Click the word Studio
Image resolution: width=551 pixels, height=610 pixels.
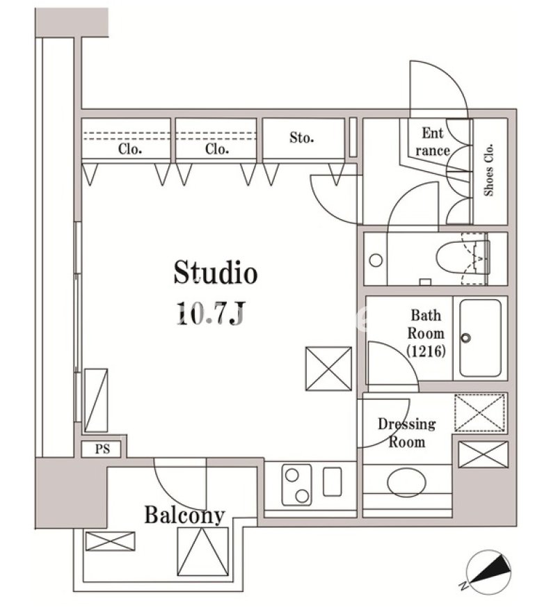coord(216,273)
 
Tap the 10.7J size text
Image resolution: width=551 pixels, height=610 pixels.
coord(211,313)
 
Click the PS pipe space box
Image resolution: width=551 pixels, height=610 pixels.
coord(102,449)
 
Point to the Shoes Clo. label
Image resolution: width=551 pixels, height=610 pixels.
coord(488,170)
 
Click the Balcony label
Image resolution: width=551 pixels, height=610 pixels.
coord(185,515)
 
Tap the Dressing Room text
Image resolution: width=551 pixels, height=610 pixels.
coord(407,433)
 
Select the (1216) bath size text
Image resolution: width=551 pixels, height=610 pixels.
coord(426,352)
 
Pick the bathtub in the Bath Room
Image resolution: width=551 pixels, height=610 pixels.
coord(480,337)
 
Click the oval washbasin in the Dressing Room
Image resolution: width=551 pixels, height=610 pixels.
coord(406,483)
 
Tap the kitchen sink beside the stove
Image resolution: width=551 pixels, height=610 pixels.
coord(333,481)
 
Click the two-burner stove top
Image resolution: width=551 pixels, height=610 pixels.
coord(297,485)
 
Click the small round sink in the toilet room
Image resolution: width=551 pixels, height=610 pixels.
coord(376,260)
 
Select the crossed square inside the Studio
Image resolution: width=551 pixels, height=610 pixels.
coord(328,369)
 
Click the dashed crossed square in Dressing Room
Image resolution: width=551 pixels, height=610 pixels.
coord(481,412)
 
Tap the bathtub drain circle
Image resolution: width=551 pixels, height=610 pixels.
coord(466,337)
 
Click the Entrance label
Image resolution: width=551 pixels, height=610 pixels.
coord(433,142)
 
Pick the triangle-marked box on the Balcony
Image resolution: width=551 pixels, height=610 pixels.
coord(202,552)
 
